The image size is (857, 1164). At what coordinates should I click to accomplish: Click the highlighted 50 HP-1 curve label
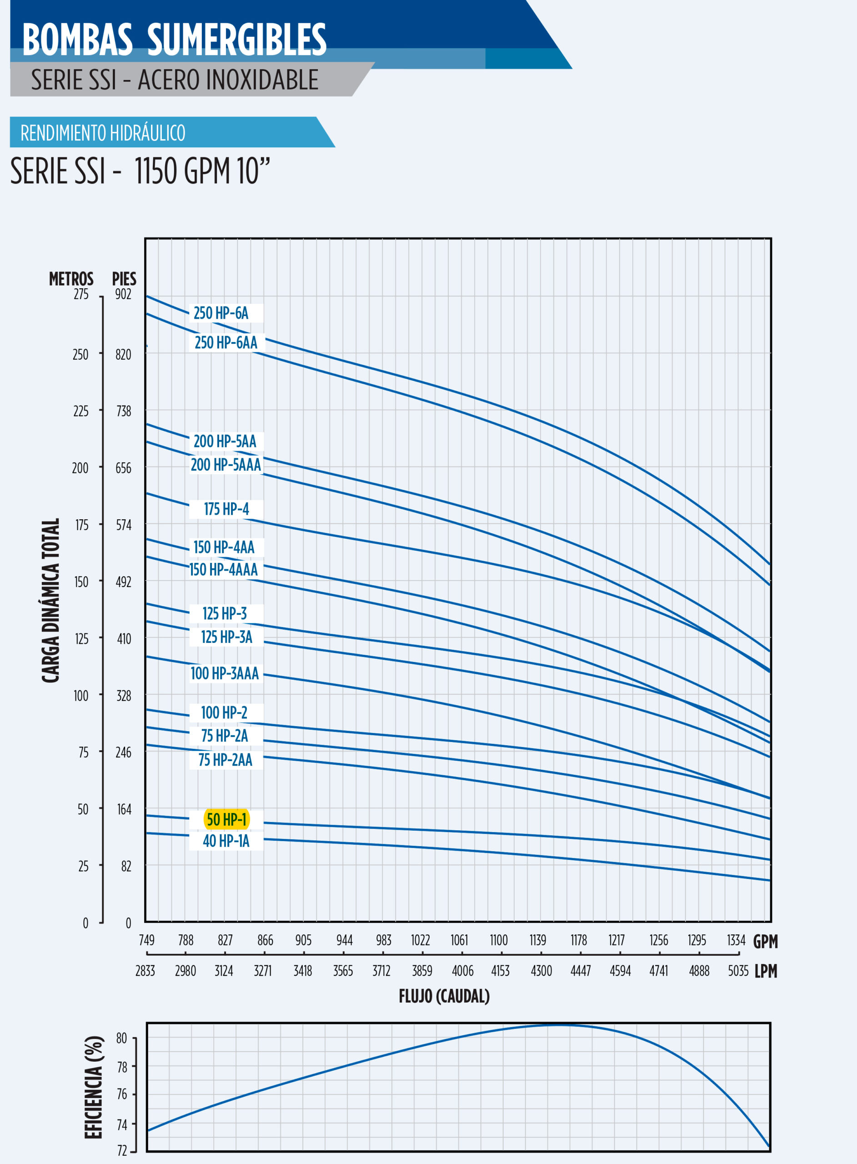(x=227, y=819)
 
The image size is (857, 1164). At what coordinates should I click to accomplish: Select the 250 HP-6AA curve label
(x=226, y=342)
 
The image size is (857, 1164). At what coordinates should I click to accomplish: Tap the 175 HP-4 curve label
(x=226, y=509)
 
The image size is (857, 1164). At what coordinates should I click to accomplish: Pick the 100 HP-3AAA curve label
(x=225, y=673)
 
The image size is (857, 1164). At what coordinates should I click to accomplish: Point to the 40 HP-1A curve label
(x=226, y=841)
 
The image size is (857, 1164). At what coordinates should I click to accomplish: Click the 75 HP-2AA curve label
(x=225, y=760)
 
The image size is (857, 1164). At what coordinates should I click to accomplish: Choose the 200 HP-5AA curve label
(x=225, y=442)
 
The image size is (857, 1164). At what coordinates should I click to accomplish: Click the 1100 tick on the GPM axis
(x=499, y=940)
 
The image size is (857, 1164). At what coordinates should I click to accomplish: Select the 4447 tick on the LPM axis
(x=581, y=970)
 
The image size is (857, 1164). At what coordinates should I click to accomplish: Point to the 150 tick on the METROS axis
(x=81, y=582)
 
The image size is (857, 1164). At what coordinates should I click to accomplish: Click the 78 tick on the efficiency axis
(x=122, y=1067)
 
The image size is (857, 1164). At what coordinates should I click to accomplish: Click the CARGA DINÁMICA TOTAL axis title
(x=51, y=600)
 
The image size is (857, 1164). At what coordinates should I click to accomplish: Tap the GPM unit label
(x=765, y=941)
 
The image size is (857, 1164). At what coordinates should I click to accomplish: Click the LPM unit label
(x=766, y=971)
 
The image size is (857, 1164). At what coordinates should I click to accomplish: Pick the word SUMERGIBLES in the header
(x=236, y=40)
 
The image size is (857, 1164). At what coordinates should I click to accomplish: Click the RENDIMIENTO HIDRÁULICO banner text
(x=103, y=133)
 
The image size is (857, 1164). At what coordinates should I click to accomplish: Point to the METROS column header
(x=71, y=279)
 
